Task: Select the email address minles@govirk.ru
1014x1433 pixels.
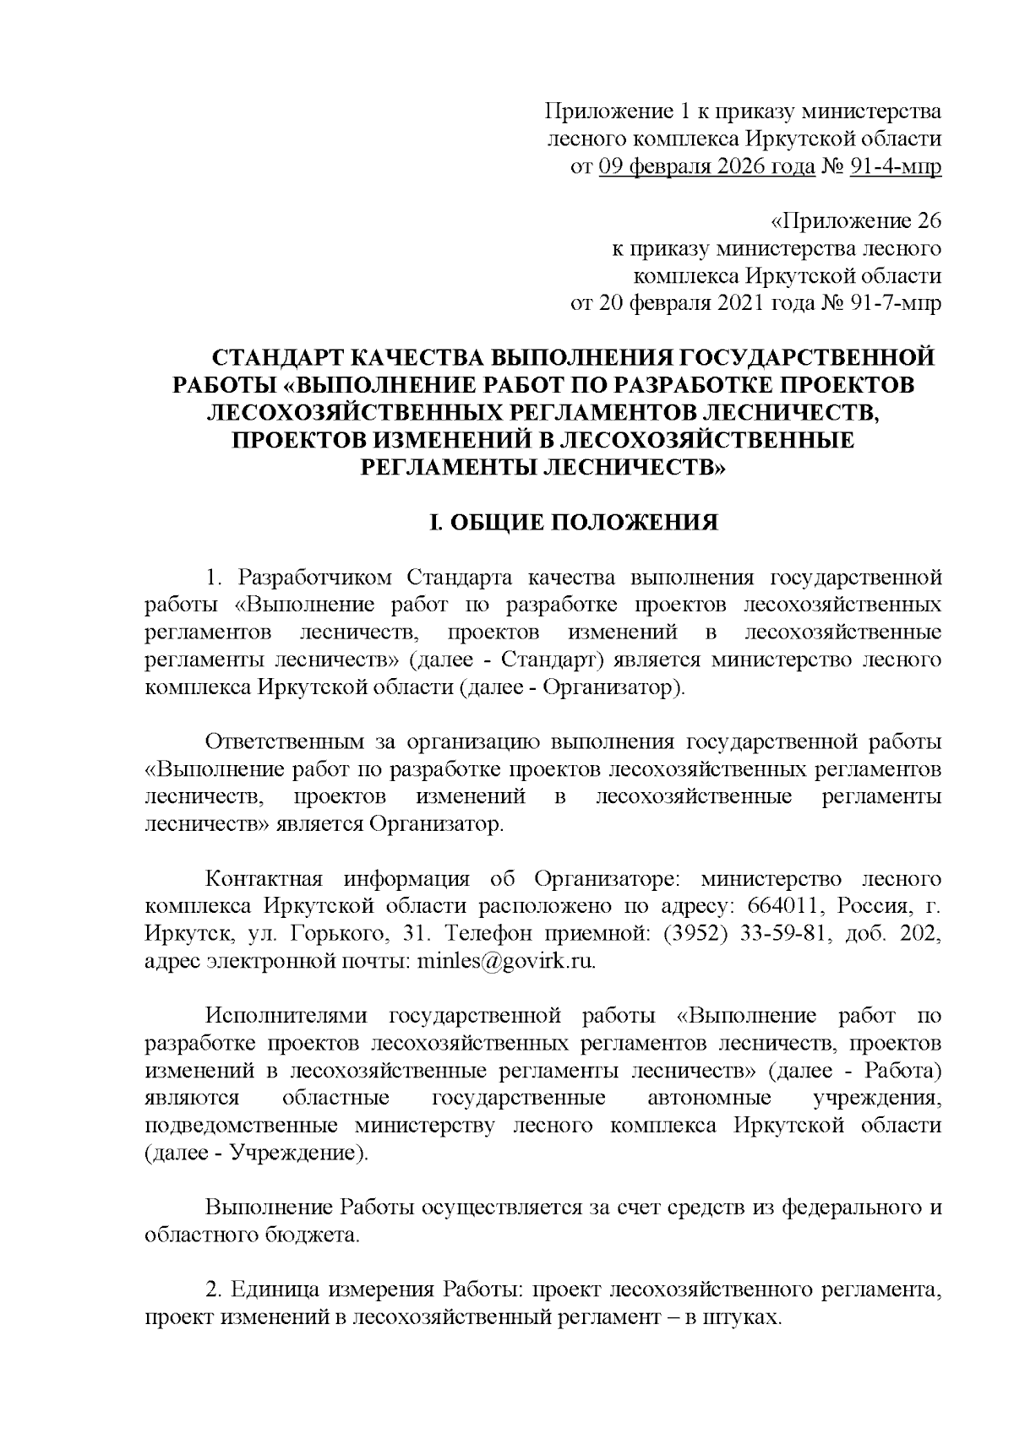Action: coord(505,962)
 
